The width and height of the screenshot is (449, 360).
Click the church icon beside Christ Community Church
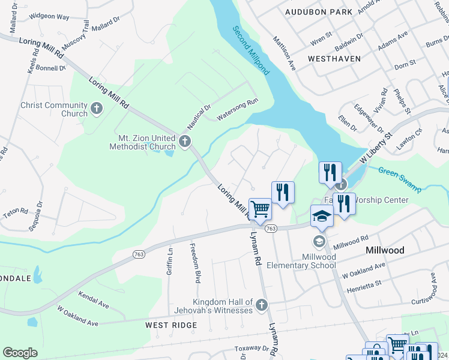(97, 109)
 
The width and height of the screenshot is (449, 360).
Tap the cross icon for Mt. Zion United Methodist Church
(185, 142)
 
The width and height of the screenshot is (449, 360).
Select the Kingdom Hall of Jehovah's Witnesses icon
(261, 305)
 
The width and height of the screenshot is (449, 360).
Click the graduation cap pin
(322, 215)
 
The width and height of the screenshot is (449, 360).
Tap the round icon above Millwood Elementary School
(319, 241)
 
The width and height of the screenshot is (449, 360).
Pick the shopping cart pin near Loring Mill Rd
(260, 209)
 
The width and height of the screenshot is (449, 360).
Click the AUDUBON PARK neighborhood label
(318, 12)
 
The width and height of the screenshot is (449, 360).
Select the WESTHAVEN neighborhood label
(334, 59)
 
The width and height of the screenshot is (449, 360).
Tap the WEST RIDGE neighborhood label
(171, 325)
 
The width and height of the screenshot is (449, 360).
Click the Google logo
(20, 353)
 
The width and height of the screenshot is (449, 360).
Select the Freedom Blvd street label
(194, 263)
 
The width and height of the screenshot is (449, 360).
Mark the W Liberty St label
(375, 148)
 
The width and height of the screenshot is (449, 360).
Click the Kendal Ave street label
(93, 301)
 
